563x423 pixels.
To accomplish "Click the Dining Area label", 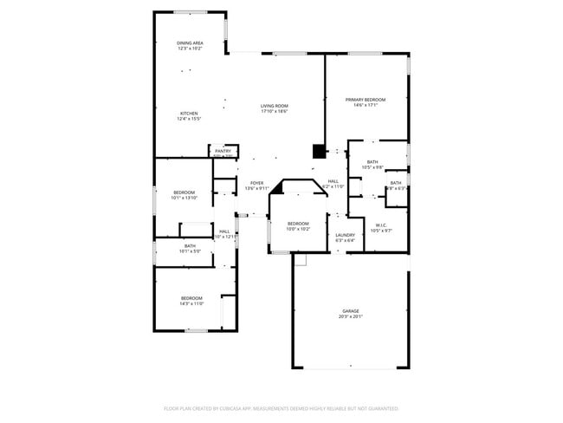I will (x=190, y=42).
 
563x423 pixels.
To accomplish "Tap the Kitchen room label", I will (x=189, y=114).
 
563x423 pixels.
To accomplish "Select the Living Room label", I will (x=274, y=106).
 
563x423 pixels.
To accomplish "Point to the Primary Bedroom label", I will (x=366, y=100).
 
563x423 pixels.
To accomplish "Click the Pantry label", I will (x=223, y=151).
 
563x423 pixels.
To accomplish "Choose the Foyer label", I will (x=256, y=183).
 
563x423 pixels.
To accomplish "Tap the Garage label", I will (x=350, y=310).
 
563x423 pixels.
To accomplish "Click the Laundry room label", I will (x=346, y=235).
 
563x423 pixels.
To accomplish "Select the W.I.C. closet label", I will (x=382, y=225).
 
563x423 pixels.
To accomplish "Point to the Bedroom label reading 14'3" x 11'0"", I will (x=191, y=298).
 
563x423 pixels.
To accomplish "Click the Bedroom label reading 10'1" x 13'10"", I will (x=184, y=192).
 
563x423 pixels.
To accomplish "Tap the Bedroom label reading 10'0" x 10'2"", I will (x=298, y=224).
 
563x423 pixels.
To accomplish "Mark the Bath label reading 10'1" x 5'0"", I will (x=191, y=245).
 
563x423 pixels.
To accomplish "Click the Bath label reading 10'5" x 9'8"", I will (x=372, y=161).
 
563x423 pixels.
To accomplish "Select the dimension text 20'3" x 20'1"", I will (x=350, y=316).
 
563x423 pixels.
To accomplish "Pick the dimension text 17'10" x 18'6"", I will (x=274, y=111).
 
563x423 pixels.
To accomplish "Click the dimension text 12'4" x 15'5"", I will (x=189, y=119).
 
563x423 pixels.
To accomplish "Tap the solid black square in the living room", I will (x=319, y=151).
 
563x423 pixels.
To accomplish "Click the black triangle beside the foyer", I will (x=278, y=186).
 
